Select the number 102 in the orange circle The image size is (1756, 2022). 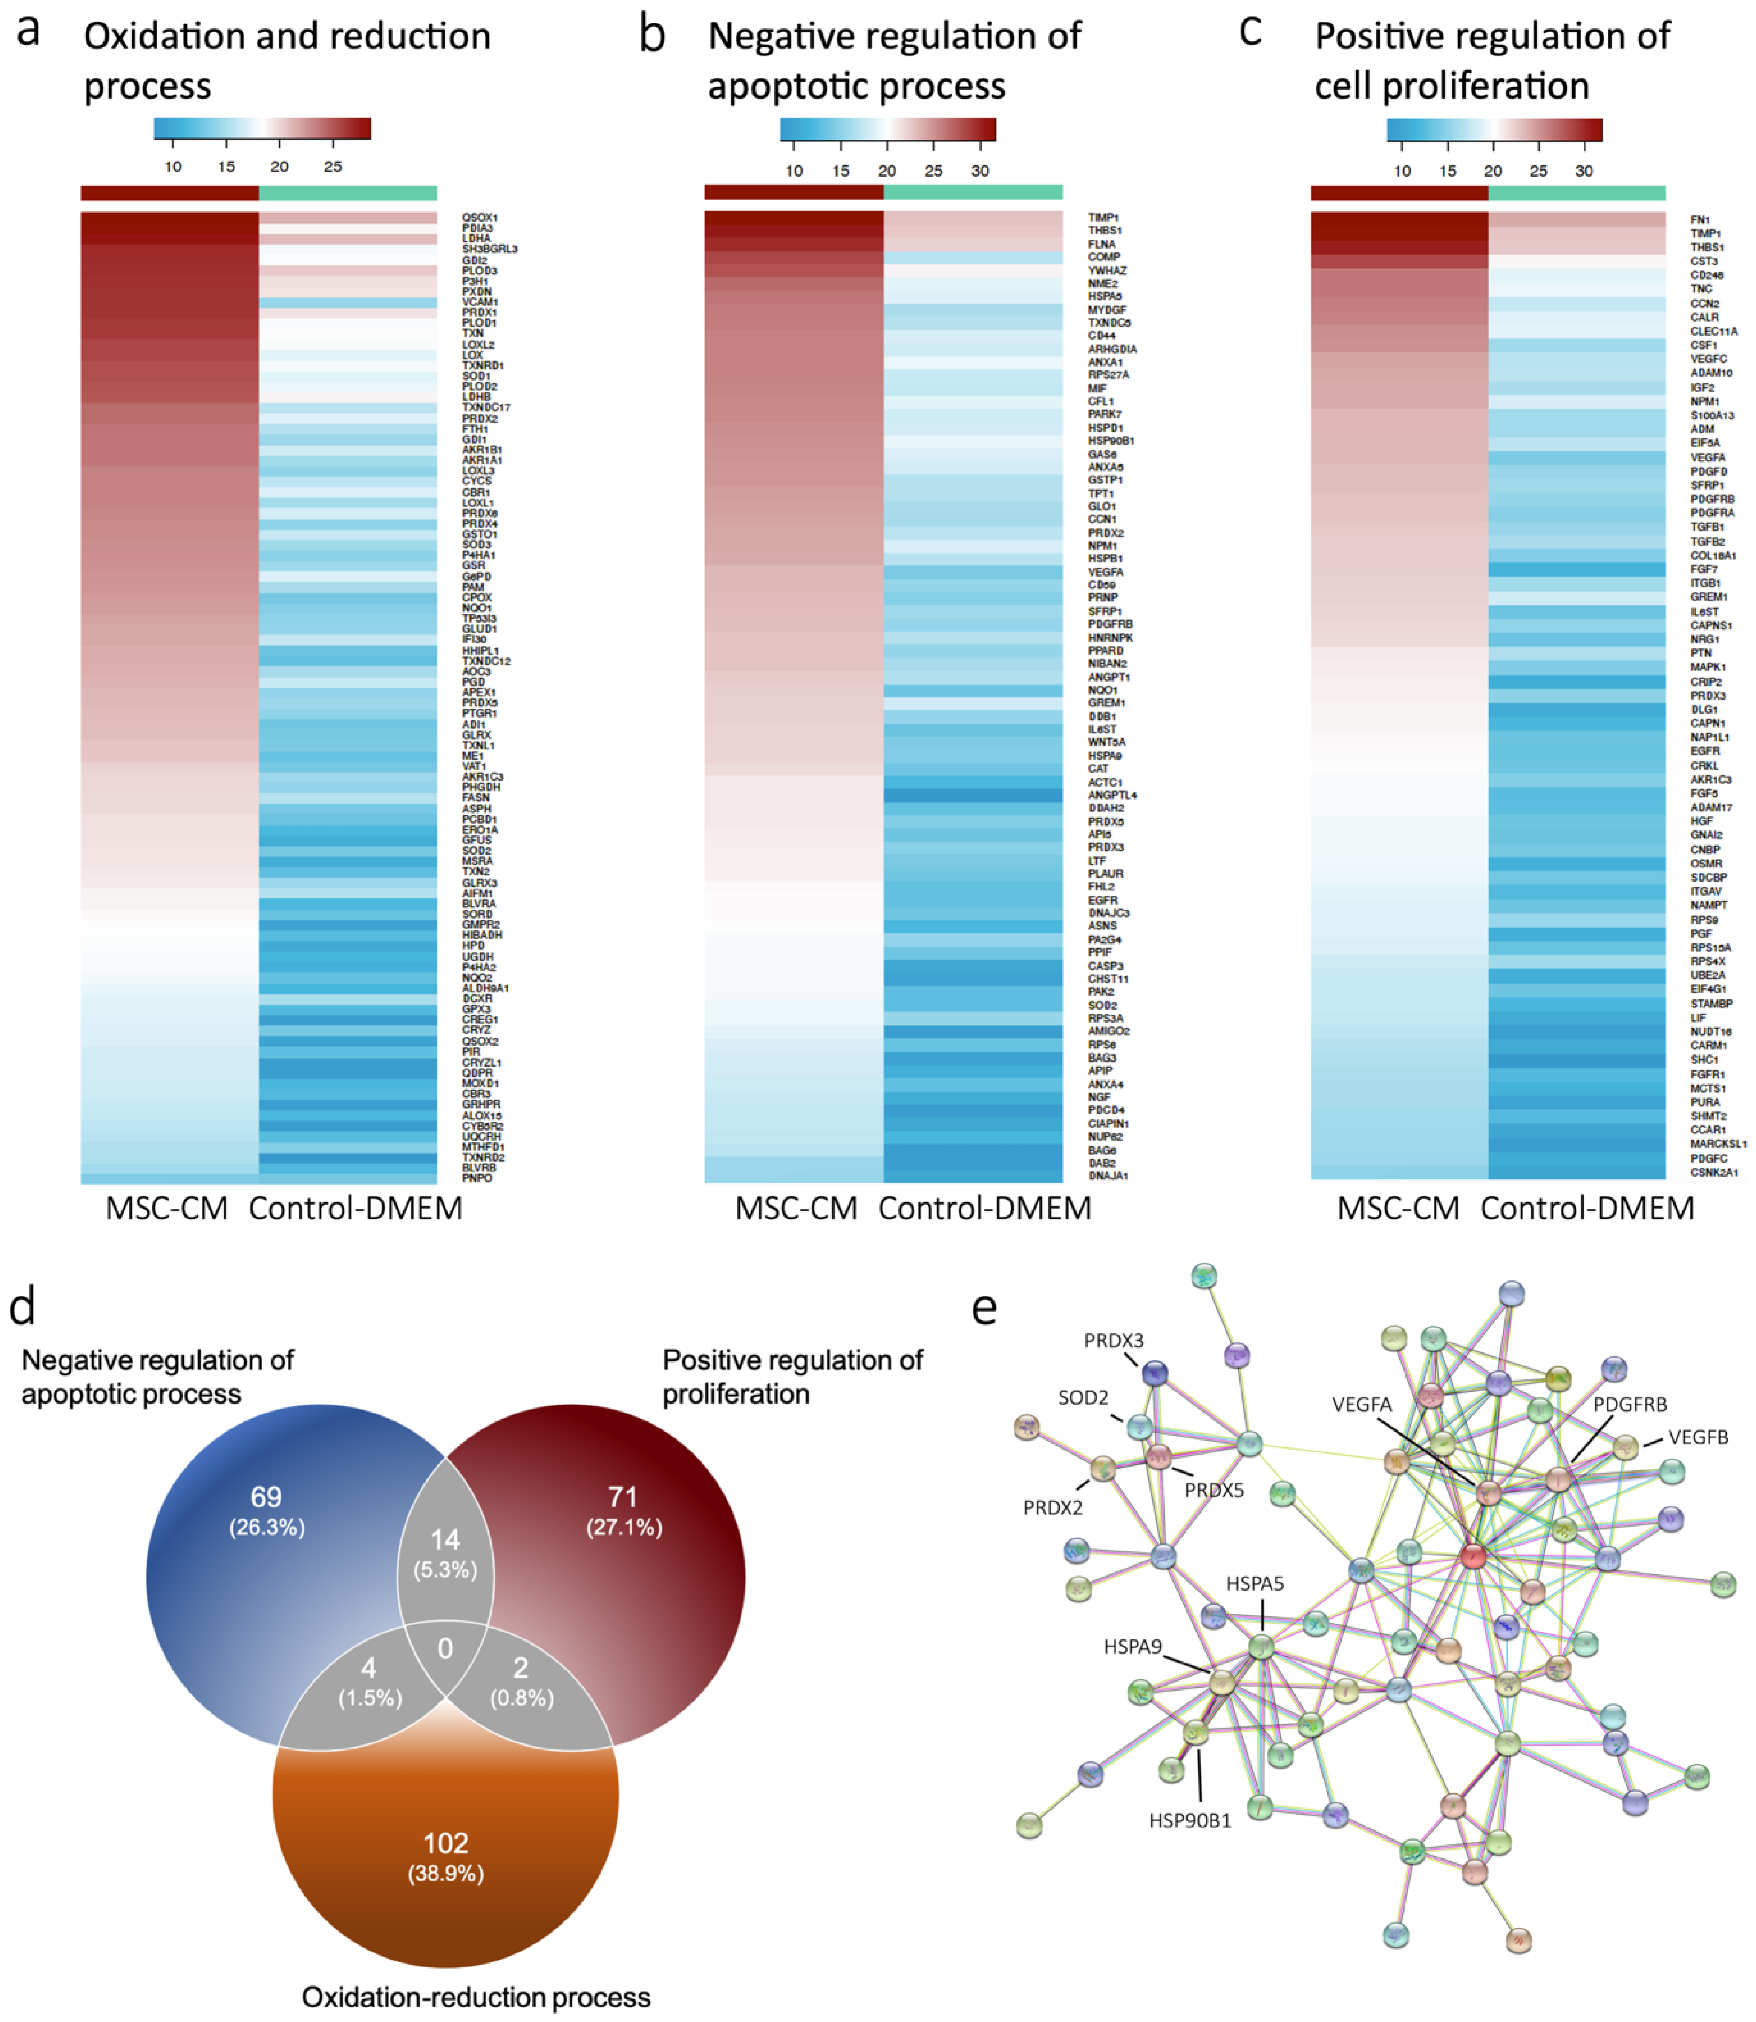click(x=446, y=1843)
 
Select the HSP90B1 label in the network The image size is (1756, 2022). click(x=1190, y=1821)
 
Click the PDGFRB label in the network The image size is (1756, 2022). click(x=1630, y=1405)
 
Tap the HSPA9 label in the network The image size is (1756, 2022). click(x=1133, y=1647)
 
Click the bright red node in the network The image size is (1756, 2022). click(x=1473, y=1556)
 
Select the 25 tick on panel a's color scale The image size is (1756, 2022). click(x=333, y=167)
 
